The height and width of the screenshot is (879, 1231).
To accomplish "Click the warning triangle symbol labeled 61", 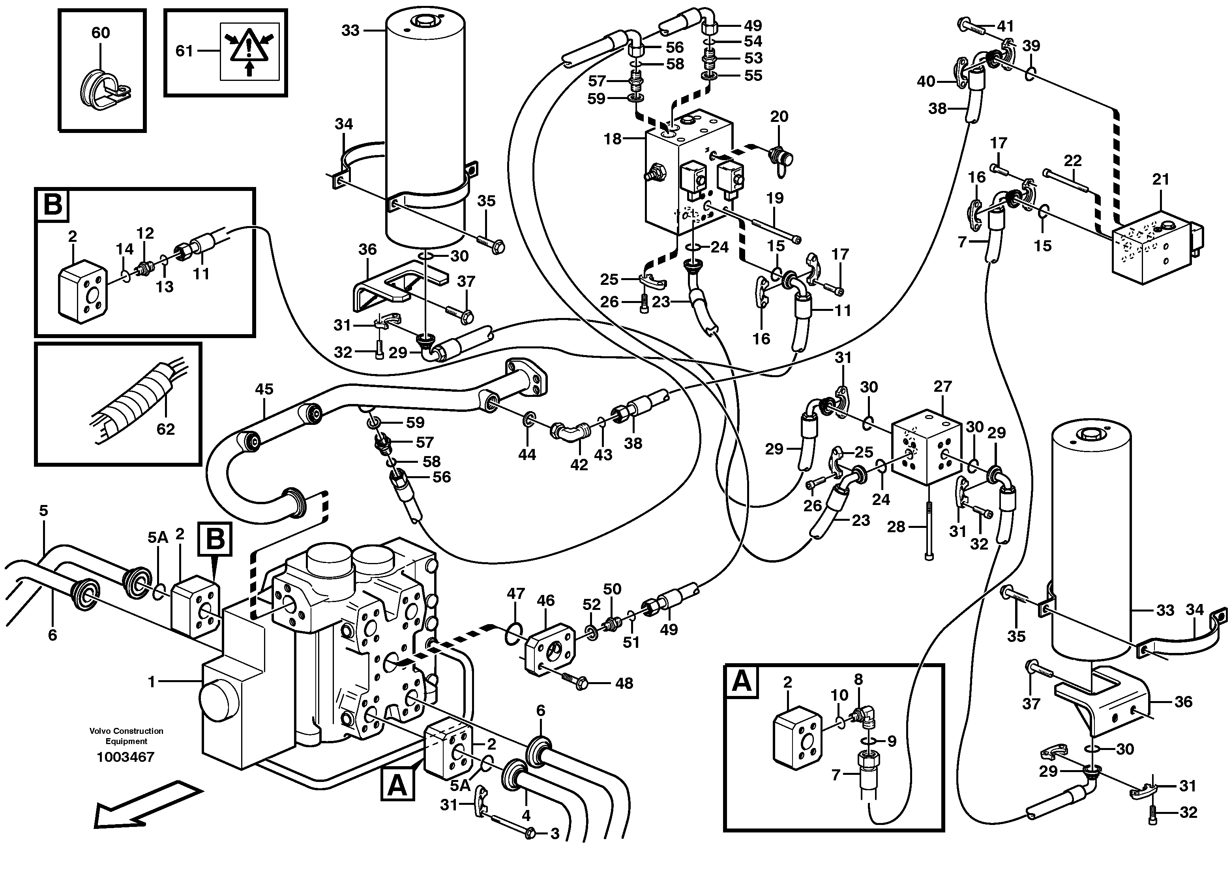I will click(x=249, y=51).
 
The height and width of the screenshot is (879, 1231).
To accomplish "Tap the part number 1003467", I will click(x=126, y=757).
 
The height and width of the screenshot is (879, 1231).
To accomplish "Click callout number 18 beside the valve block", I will click(x=612, y=139).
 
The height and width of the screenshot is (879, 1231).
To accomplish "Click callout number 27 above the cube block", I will click(x=942, y=387).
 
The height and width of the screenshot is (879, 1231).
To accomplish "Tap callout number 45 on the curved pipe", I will click(x=264, y=389).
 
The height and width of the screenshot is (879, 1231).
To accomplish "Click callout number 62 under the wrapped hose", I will click(x=166, y=429).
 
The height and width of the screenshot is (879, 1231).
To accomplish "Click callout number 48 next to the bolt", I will click(x=624, y=684).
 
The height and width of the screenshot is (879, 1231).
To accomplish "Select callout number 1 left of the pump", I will click(x=152, y=682).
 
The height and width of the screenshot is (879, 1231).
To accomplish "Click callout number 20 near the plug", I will click(x=779, y=116).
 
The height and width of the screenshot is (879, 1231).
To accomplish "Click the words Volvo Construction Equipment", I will click(x=126, y=736).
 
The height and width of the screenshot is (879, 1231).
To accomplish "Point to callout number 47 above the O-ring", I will click(x=516, y=593).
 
